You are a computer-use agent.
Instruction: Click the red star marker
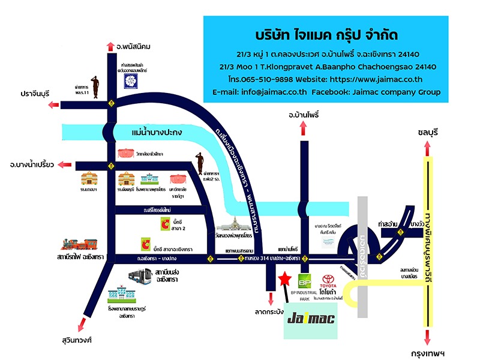tap(285, 279)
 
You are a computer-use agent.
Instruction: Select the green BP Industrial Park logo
tap(305, 282)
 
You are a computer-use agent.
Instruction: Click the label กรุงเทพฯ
tap(427, 353)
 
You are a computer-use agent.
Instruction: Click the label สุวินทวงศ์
tap(76, 340)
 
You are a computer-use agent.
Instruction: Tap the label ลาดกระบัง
tap(269, 312)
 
